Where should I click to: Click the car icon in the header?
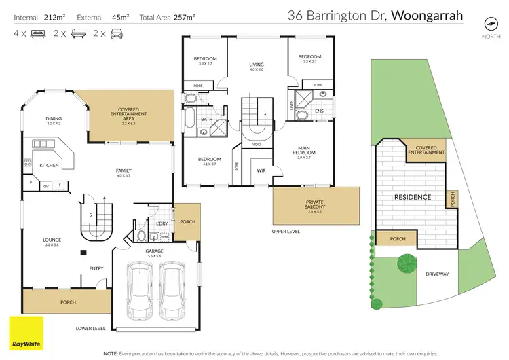point(118,33)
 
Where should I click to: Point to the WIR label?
point(261,170)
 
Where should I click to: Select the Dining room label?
point(54,120)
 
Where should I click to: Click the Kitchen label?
point(49,165)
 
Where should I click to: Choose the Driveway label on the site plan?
point(437,274)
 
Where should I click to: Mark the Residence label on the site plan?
point(413,198)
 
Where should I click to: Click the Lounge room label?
point(52,242)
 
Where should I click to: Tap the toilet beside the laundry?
point(140,236)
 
